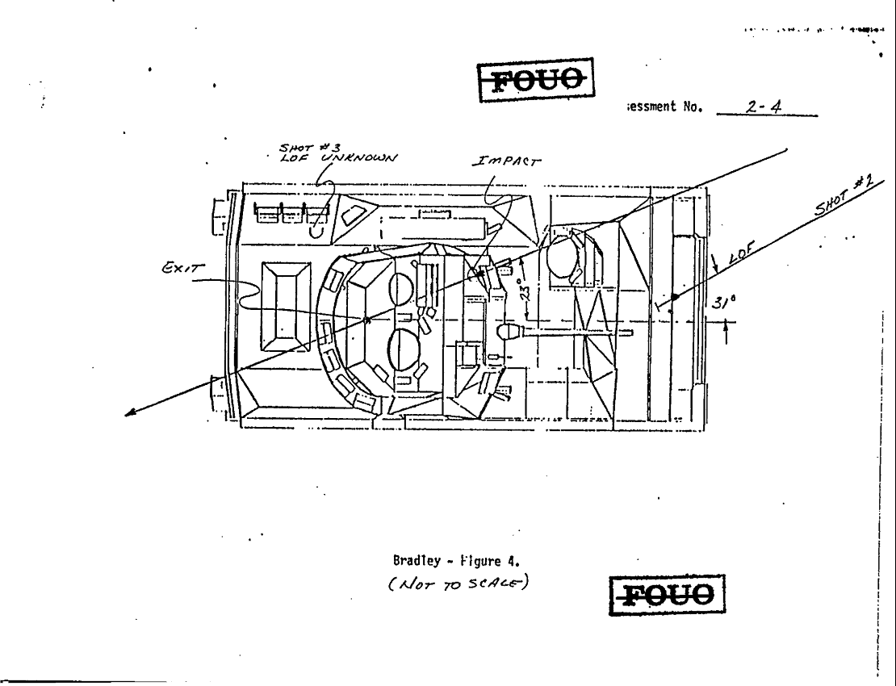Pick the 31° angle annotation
723,303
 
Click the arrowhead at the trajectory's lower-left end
130,415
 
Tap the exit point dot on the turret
368,320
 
